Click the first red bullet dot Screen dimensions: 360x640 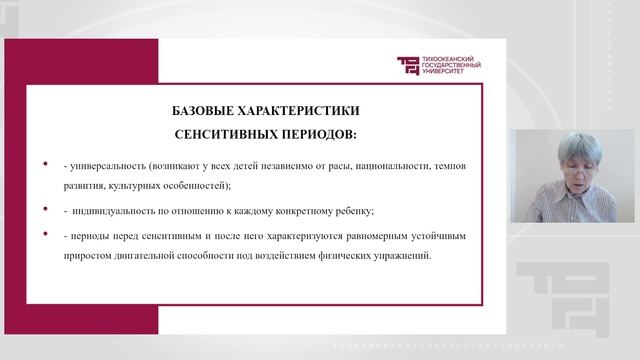[45, 162]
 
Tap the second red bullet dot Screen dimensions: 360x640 [45, 208]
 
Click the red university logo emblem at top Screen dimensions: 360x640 [409, 65]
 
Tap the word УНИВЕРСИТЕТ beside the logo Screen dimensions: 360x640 [447, 72]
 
